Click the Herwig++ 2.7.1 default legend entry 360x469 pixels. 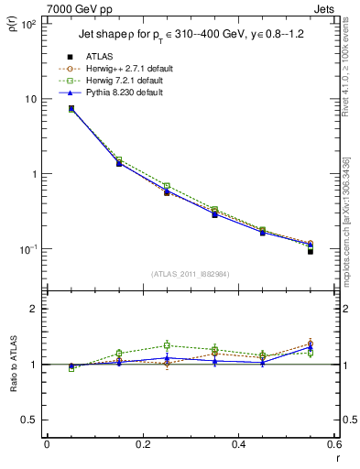(128, 69)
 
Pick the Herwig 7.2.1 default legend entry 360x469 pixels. (128, 81)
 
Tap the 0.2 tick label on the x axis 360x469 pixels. (142, 444)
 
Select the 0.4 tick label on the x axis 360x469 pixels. (238, 444)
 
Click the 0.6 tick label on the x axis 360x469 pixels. (333, 444)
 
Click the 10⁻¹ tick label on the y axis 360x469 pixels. (27, 249)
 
